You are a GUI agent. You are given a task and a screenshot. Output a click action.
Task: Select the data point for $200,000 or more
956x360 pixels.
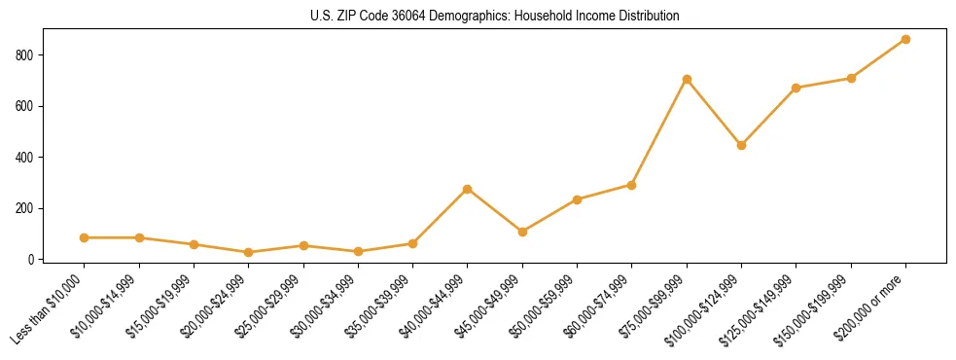[x=905, y=39]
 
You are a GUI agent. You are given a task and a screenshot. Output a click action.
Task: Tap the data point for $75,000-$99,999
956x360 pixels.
[x=687, y=79]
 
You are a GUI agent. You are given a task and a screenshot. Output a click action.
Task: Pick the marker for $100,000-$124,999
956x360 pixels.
[x=741, y=145]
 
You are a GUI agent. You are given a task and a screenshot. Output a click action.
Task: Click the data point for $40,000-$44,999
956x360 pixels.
[x=468, y=189]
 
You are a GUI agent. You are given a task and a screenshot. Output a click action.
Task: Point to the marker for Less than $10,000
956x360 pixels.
[x=85, y=237]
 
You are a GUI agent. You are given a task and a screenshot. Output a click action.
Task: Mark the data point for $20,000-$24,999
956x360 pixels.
[x=249, y=252]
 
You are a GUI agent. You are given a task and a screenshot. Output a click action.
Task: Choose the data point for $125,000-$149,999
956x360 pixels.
[x=797, y=88]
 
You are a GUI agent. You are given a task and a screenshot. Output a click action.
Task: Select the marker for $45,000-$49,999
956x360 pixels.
[x=522, y=232]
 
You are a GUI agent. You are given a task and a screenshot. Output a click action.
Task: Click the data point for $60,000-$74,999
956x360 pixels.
[x=632, y=185]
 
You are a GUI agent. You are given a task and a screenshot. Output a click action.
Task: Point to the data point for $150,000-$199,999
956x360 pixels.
[x=851, y=78]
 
